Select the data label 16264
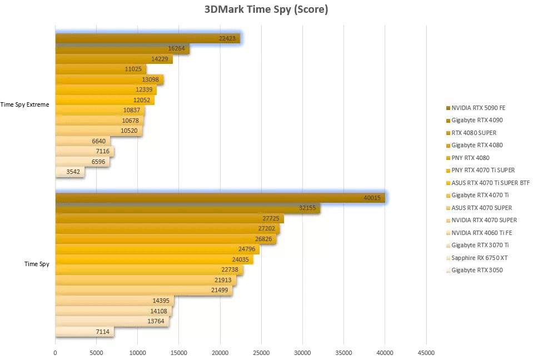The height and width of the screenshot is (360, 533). pos(176,48)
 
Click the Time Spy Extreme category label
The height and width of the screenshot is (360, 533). pos(25,104)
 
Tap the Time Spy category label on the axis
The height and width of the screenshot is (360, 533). pos(37,264)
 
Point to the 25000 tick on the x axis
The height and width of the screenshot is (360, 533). pos(262,352)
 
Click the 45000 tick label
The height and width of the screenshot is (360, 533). pos(426,352)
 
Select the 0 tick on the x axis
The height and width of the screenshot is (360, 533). pos(56,352)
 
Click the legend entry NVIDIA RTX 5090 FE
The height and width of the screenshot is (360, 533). pos(478,108)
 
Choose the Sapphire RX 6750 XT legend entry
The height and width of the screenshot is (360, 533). pos(480,258)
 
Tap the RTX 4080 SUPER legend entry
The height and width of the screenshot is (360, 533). pos(474,133)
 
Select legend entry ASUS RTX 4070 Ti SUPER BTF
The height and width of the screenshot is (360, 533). pos(490,183)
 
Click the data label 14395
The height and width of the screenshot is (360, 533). pos(161,301)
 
